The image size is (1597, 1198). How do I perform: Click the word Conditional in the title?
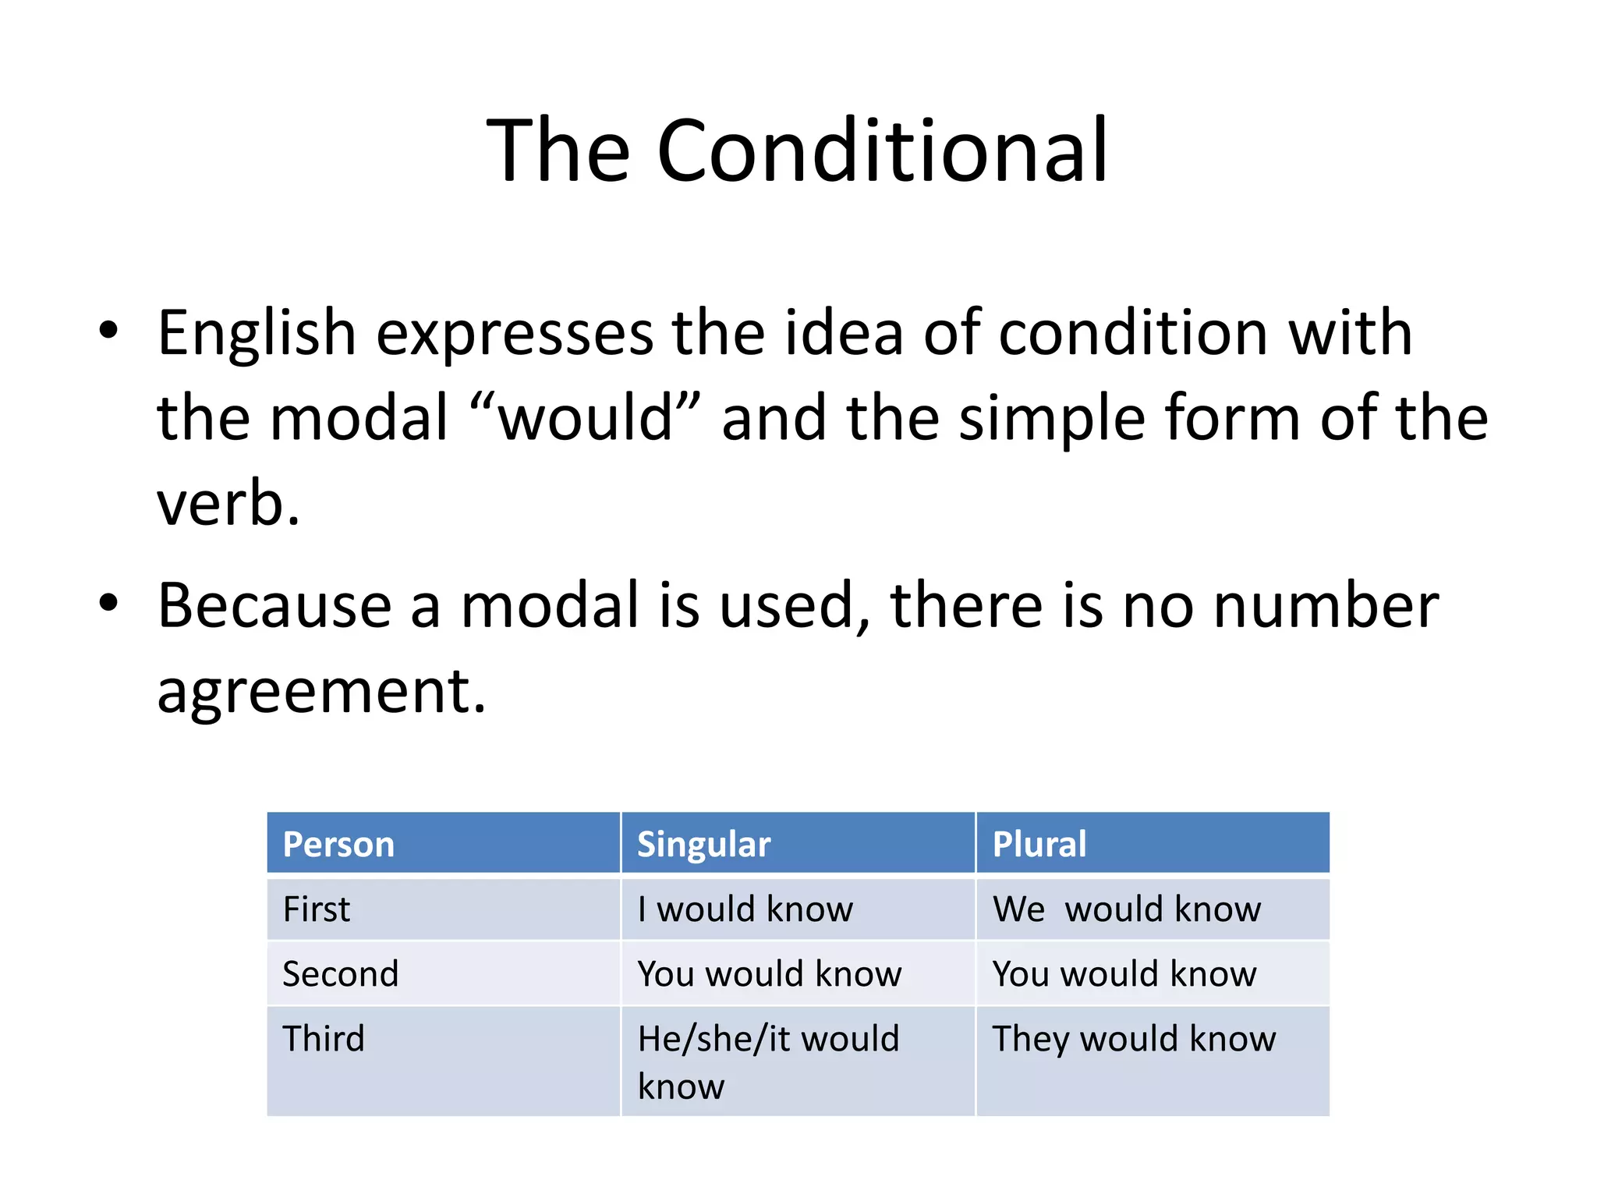point(882,150)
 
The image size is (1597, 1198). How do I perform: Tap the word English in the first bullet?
point(257,333)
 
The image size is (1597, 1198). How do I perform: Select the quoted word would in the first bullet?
point(586,418)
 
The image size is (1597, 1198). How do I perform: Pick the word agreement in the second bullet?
point(320,691)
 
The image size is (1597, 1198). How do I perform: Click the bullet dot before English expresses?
point(108,330)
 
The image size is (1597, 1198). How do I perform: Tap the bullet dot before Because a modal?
point(108,603)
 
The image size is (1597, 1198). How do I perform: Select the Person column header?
point(338,844)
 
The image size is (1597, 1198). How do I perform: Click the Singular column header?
point(703,844)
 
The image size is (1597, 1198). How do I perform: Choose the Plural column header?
point(1039,844)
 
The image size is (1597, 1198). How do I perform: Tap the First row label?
point(316,909)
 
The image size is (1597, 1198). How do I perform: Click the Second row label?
point(340,974)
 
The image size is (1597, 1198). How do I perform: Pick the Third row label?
point(323,1039)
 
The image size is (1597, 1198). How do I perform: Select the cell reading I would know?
point(745,909)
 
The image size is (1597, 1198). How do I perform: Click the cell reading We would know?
point(1127,909)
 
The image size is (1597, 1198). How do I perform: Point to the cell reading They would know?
point(1134,1039)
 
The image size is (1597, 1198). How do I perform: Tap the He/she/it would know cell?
point(768,1061)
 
